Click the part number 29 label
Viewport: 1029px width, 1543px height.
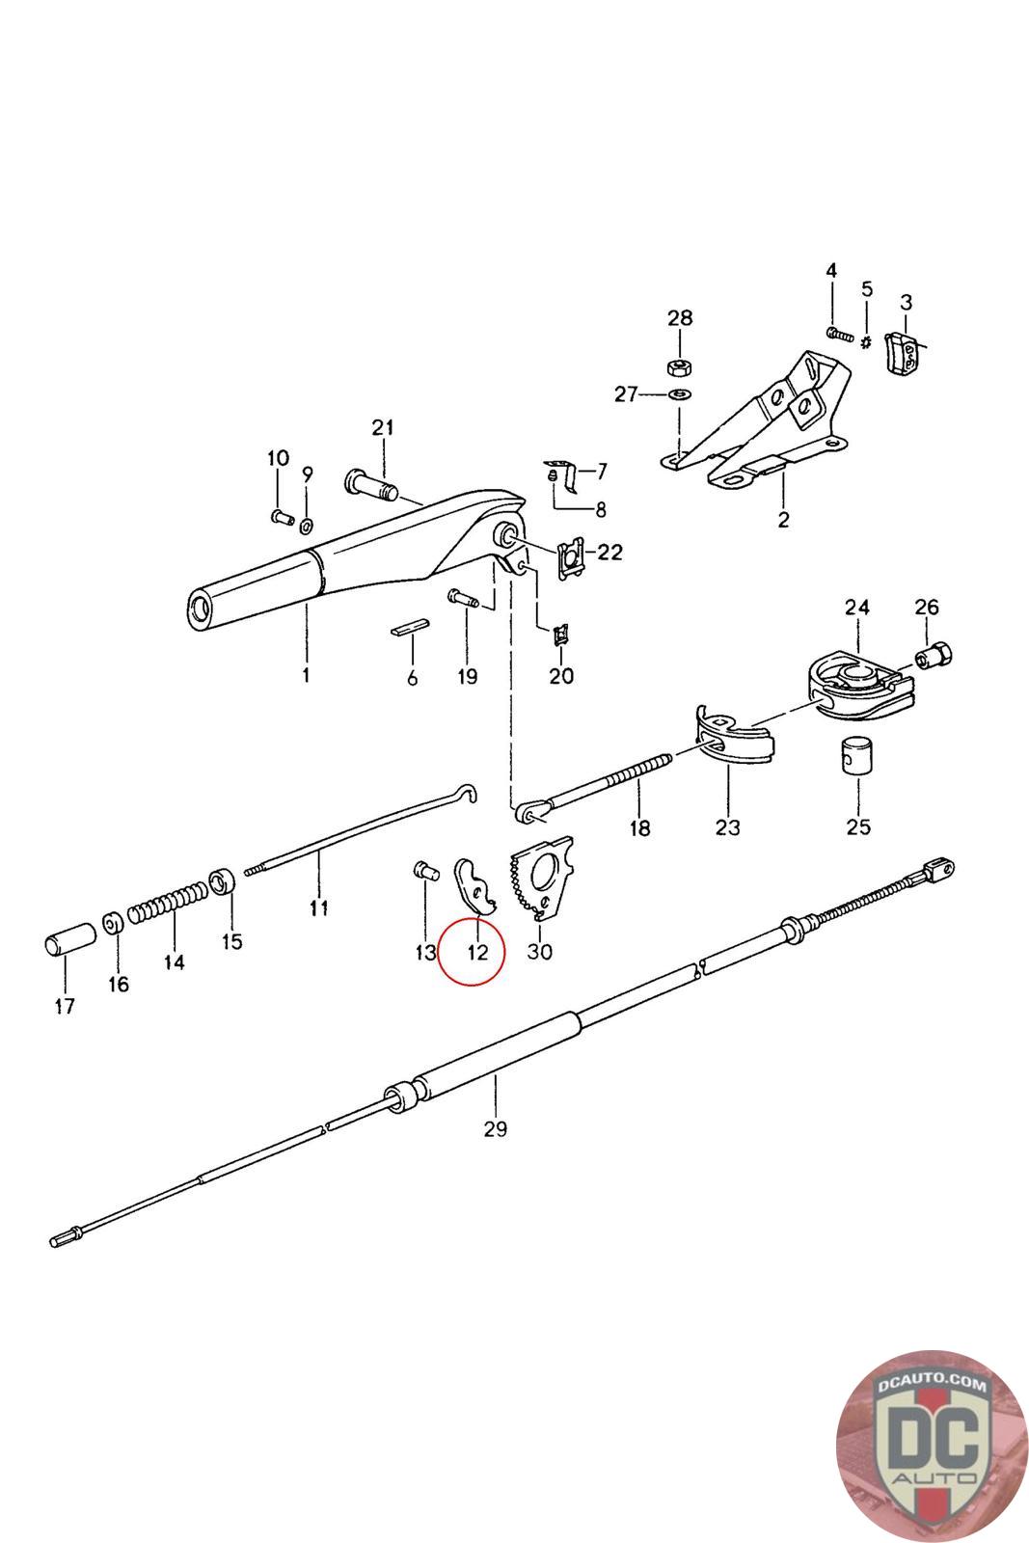(x=495, y=1128)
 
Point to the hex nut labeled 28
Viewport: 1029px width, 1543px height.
(x=679, y=366)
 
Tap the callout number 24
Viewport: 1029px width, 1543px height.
(x=856, y=608)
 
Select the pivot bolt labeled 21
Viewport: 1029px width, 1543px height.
(x=369, y=483)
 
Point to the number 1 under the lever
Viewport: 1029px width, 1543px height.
(x=306, y=675)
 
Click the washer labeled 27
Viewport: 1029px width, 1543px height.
(x=679, y=393)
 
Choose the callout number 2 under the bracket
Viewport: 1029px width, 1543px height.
(x=783, y=520)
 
